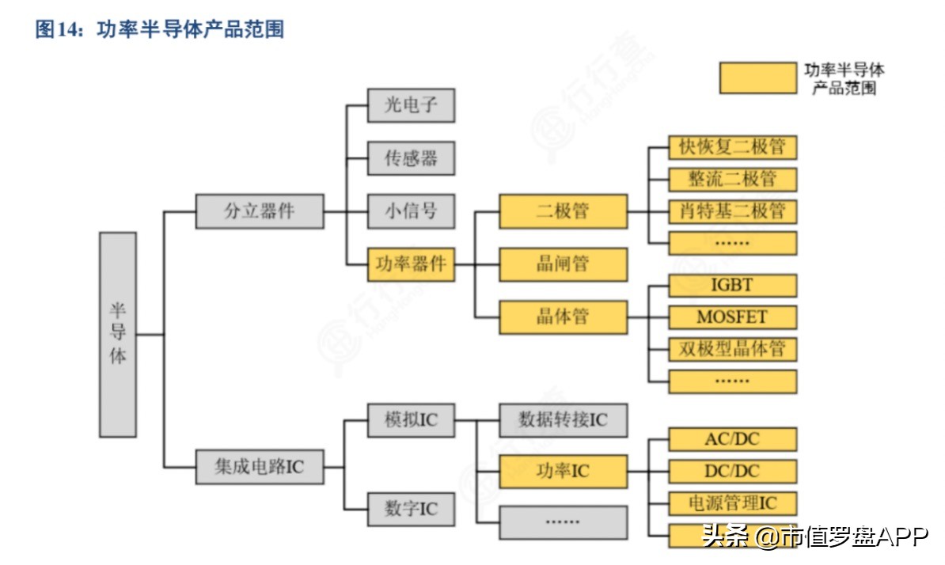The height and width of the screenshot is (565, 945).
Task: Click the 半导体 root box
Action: click(118, 334)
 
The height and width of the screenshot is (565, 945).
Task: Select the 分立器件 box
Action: click(260, 211)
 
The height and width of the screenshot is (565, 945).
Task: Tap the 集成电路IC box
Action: click(260, 467)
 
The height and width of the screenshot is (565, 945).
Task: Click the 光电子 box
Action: click(412, 105)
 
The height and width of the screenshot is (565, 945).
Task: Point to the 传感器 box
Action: click(412, 158)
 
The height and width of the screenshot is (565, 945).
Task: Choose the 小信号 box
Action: click(412, 211)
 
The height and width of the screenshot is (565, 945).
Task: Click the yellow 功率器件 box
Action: click(412, 264)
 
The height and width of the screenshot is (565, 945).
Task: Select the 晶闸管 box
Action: click(563, 264)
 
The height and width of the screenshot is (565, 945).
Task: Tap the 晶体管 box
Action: click(563, 317)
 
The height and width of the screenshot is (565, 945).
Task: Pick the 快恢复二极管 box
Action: click(732, 148)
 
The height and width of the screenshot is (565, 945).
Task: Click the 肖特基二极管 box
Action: click(732, 211)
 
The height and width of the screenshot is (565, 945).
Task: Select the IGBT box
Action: click(732, 286)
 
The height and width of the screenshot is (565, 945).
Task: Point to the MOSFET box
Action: click(732, 317)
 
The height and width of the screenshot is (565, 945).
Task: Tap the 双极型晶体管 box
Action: click(732, 349)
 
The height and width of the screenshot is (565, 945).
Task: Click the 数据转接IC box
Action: click(563, 419)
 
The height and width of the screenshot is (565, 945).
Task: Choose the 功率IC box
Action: click(563, 472)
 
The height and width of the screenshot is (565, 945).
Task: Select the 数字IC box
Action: click(412, 508)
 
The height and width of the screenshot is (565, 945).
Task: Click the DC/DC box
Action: click(732, 472)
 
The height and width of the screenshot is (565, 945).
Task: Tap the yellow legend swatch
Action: click(757, 78)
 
